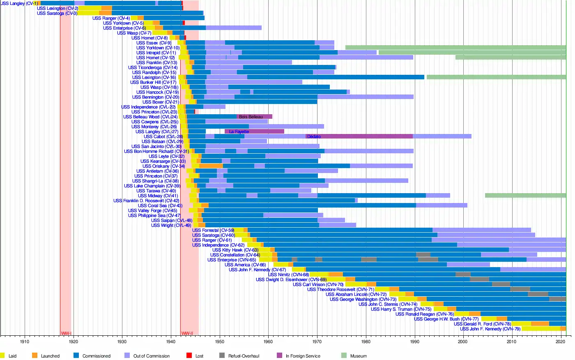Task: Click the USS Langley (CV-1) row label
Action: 19,4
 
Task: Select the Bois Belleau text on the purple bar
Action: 251,117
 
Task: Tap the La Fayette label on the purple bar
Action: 239,132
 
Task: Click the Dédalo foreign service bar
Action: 359,136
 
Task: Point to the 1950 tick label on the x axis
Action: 219,342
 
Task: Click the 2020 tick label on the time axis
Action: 561,342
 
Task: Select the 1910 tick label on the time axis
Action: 25,342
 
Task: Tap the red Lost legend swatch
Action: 189,355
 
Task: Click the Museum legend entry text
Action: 358,356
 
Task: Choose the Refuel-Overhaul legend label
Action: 244,356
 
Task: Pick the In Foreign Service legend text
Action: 303,356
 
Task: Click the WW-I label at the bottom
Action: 66,333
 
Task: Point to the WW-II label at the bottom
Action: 187,333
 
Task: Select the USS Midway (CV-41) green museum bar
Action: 525,196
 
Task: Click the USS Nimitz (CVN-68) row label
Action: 288,275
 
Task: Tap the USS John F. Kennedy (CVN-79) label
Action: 490,329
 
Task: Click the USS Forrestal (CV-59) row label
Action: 213,231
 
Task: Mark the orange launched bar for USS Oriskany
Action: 211,166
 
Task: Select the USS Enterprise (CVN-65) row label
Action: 232,260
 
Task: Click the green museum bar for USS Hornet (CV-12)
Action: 511,58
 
